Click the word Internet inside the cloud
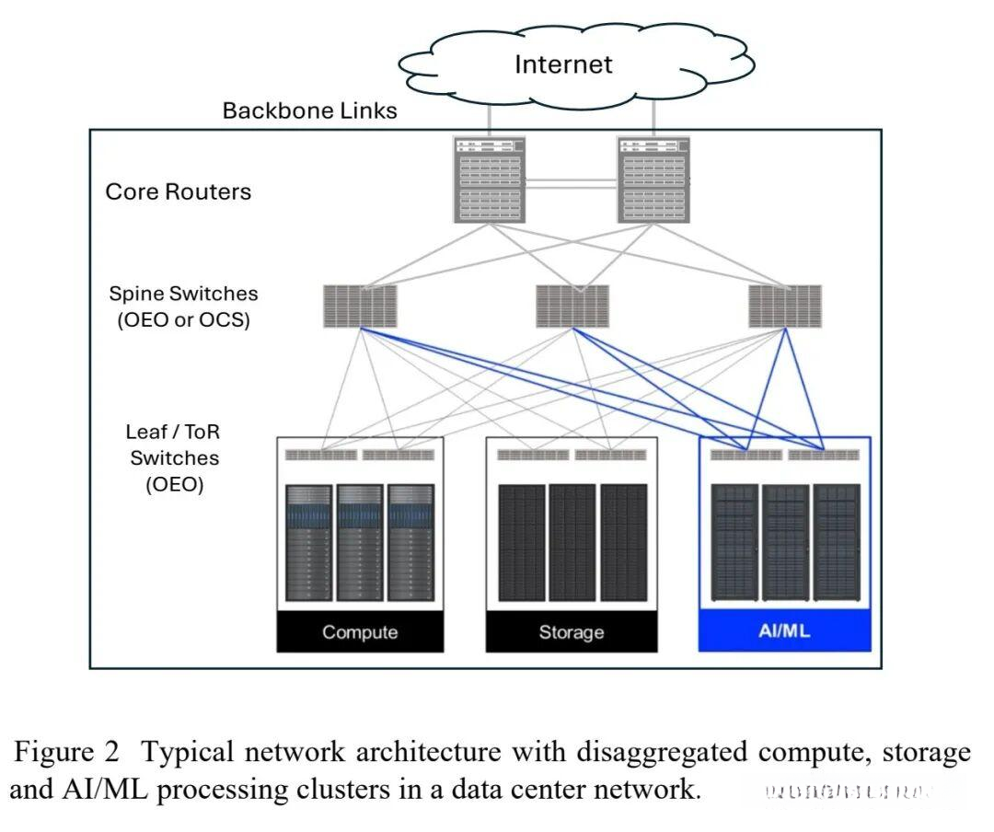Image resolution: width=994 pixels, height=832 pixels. [x=562, y=64]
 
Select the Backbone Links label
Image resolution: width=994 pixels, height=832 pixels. [x=309, y=111]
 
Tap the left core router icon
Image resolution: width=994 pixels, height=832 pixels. [x=489, y=179]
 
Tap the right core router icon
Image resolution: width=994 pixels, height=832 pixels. [x=653, y=179]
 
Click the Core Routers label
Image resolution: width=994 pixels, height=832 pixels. [x=178, y=192]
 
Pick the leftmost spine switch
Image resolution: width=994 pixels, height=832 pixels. [x=360, y=306]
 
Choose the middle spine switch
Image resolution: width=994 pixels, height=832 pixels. [x=572, y=306]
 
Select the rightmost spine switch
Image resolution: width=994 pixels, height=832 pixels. [x=784, y=306]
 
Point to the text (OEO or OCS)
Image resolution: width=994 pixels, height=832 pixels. [x=184, y=322]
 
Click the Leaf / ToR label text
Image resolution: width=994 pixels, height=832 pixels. [x=173, y=432]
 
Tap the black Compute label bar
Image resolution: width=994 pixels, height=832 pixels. [x=360, y=632]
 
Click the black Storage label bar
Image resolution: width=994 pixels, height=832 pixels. [x=572, y=632]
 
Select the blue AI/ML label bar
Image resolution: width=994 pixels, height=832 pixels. [x=784, y=632]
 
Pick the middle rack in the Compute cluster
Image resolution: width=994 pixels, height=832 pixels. [x=360, y=543]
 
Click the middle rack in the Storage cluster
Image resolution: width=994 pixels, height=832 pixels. [x=572, y=543]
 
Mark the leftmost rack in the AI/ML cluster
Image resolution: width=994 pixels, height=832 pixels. [x=734, y=543]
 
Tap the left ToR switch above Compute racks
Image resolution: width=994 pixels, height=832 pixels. [x=320, y=455]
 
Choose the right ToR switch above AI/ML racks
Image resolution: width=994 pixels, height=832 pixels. [x=824, y=455]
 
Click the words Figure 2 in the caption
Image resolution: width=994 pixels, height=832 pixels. [x=66, y=753]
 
